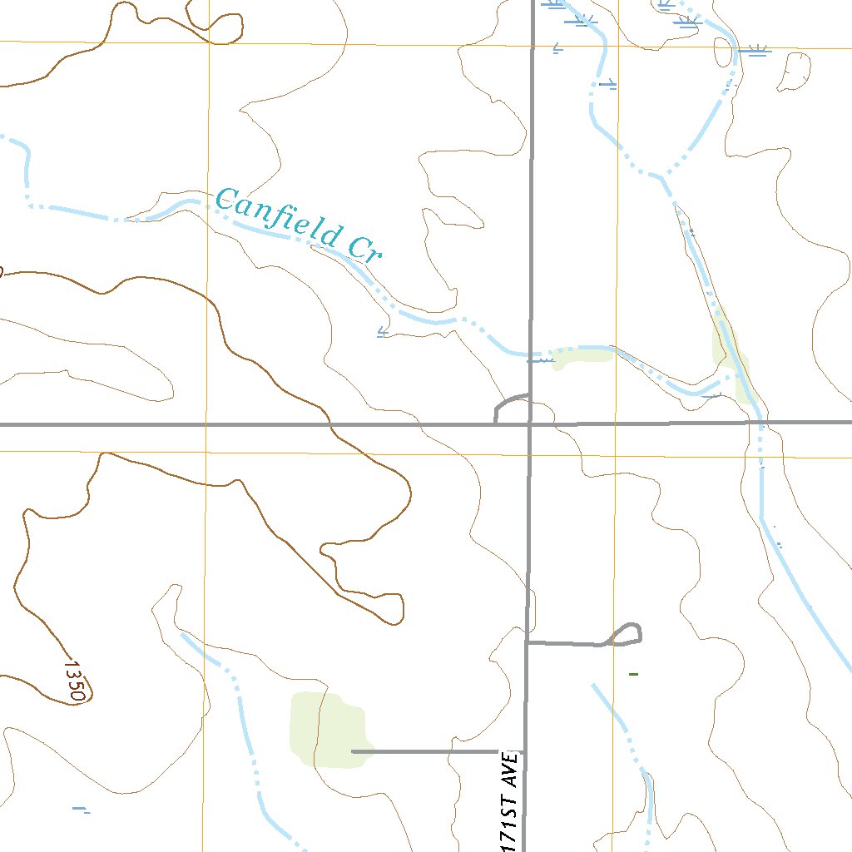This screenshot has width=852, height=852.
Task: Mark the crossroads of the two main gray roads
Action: (x=530, y=424)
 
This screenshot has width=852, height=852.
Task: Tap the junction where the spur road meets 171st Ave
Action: (x=527, y=642)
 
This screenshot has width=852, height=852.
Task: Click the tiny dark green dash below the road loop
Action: (x=633, y=673)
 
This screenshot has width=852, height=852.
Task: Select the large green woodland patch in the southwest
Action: (x=324, y=728)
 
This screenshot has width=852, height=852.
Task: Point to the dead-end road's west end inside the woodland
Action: (x=353, y=751)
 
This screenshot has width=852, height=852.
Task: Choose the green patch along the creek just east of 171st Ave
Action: (x=582, y=357)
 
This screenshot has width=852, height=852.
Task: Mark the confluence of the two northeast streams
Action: (x=664, y=176)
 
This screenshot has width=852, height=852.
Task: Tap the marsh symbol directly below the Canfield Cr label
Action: (x=383, y=333)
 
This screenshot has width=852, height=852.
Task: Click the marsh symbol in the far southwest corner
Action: (x=80, y=809)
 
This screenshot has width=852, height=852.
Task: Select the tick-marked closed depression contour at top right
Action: (x=793, y=72)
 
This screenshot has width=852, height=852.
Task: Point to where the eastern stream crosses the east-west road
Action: (x=760, y=422)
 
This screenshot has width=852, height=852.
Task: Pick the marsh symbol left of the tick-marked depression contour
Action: (x=756, y=52)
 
